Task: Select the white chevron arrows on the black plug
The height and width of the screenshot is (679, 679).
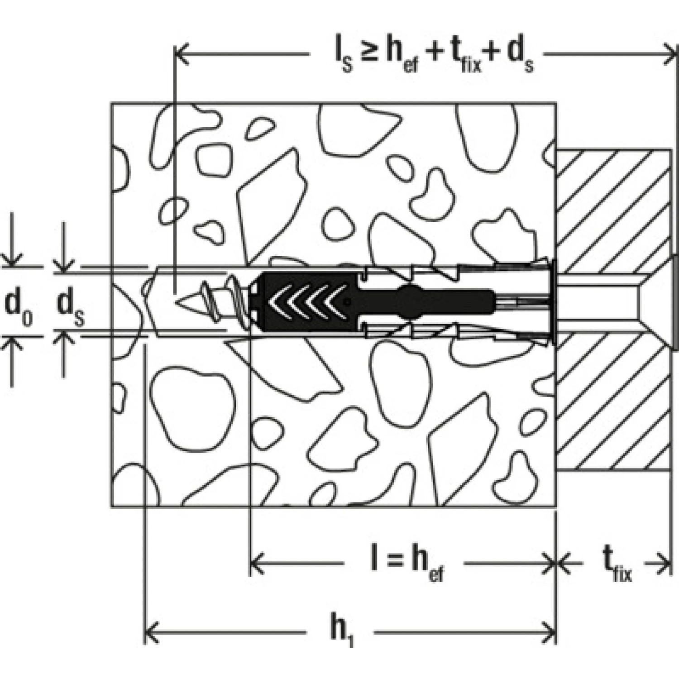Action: pyautogui.click(x=308, y=301)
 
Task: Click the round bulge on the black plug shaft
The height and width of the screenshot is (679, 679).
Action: pyautogui.click(x=410, y=301)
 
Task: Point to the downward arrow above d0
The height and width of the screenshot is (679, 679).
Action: pyautogui.click(x=12, y=258)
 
